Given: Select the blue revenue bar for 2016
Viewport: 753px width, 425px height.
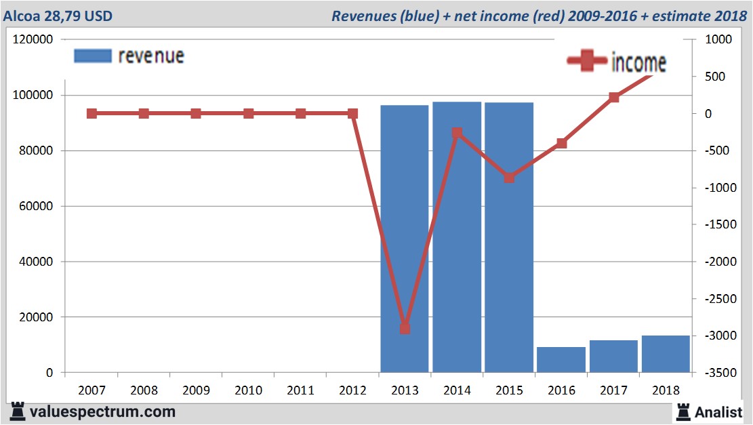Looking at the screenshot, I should [x=561, y=360].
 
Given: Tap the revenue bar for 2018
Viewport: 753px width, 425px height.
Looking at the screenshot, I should [x=666, y=354].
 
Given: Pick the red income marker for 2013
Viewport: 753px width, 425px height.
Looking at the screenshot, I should [x=405, y=329].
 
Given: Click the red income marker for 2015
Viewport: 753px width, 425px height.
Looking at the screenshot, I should [x=509, y=178].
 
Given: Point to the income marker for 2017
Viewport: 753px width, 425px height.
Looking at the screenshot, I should [x=614, y=98].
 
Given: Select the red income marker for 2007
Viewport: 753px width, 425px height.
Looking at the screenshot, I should [x=91, y=114].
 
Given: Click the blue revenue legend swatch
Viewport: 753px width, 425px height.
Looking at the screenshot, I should [x=92, y=56].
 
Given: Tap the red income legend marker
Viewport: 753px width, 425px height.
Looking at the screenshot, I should [x=587, y=62].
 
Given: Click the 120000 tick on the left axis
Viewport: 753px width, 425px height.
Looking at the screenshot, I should [x=33, y=40].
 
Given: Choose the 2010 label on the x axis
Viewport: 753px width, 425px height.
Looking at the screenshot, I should [x=248, y=390].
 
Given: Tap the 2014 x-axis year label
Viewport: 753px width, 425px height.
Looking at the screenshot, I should [x=457, y=390].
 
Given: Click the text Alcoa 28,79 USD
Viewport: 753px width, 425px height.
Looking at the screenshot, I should [x=59, y=15].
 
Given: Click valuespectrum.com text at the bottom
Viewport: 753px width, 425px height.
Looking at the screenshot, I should [x=102, y=411].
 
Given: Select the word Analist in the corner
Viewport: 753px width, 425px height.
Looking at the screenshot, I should [x=718, y=411].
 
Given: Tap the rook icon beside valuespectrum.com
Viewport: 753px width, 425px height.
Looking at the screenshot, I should [x=18, y=411].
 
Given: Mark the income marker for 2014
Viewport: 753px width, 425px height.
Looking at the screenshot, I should [x=457, y=133].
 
